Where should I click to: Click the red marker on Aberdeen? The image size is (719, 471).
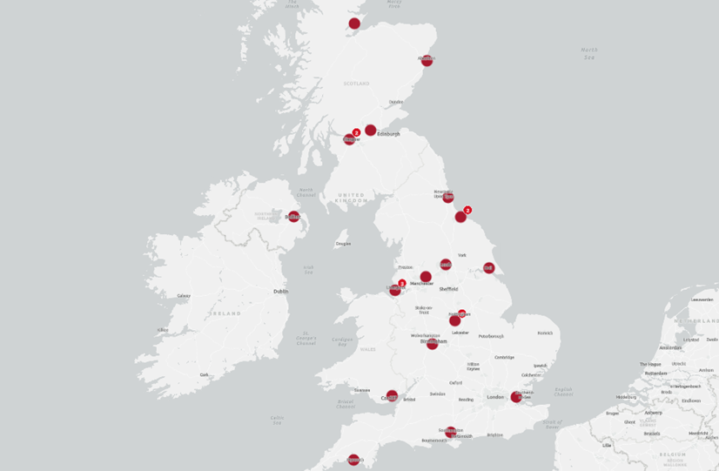click(x=427, y=60)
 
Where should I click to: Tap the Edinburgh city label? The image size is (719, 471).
click(x=388, y=134)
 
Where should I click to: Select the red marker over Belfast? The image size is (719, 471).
click(x=293, y=216)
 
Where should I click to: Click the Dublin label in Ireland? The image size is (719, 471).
click(x=280, y=292)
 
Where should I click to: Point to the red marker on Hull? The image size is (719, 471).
click(x=488, y=268)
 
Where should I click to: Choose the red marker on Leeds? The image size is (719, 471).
click(x=446, y=265)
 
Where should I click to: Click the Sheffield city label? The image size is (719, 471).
click(x=448, y=289)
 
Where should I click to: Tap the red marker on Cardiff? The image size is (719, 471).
click(x=392, y=396)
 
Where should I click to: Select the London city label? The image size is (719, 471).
click(x=495, y=397)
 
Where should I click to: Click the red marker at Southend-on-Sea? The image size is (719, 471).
click(x=516, y=397)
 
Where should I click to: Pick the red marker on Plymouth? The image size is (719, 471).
click(x=353, y=460)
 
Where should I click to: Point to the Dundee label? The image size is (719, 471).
click(x=396, y=102)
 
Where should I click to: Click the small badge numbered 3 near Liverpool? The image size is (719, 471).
click(x=402, y=283)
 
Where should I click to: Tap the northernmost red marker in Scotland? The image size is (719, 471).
click(x=354, y=24)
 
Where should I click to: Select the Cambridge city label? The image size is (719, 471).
click(x=504, y=357)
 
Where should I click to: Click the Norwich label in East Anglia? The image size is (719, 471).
click(x=545, y=333)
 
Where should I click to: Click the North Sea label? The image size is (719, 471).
click(x=589, y=53)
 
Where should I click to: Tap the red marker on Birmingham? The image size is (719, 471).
click(x=432, y=343)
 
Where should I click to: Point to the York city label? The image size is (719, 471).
click(x=462, y=255)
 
